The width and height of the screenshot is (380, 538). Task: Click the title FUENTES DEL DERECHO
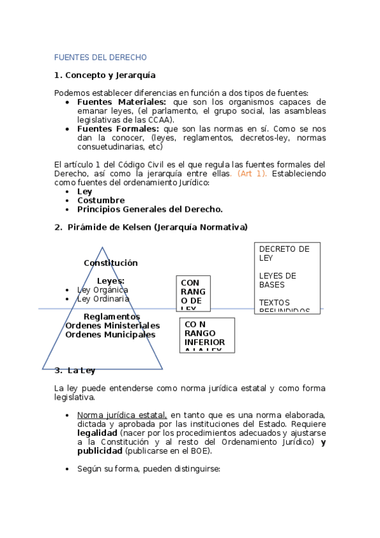100,57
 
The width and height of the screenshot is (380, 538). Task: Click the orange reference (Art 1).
252,173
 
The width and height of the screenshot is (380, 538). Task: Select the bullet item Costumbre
100,200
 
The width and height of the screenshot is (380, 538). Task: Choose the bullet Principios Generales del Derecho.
150,209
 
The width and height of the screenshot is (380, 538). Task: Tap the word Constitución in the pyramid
110,263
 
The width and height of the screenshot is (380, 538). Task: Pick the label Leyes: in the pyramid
110,280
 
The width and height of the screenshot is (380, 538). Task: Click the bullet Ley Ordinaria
103,298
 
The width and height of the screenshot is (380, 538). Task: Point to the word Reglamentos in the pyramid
112,317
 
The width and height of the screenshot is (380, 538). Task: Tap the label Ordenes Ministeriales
112,325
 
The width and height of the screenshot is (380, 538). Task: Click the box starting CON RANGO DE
193,293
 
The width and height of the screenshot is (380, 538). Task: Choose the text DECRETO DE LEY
284,253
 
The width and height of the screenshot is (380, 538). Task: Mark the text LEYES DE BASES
277,280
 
